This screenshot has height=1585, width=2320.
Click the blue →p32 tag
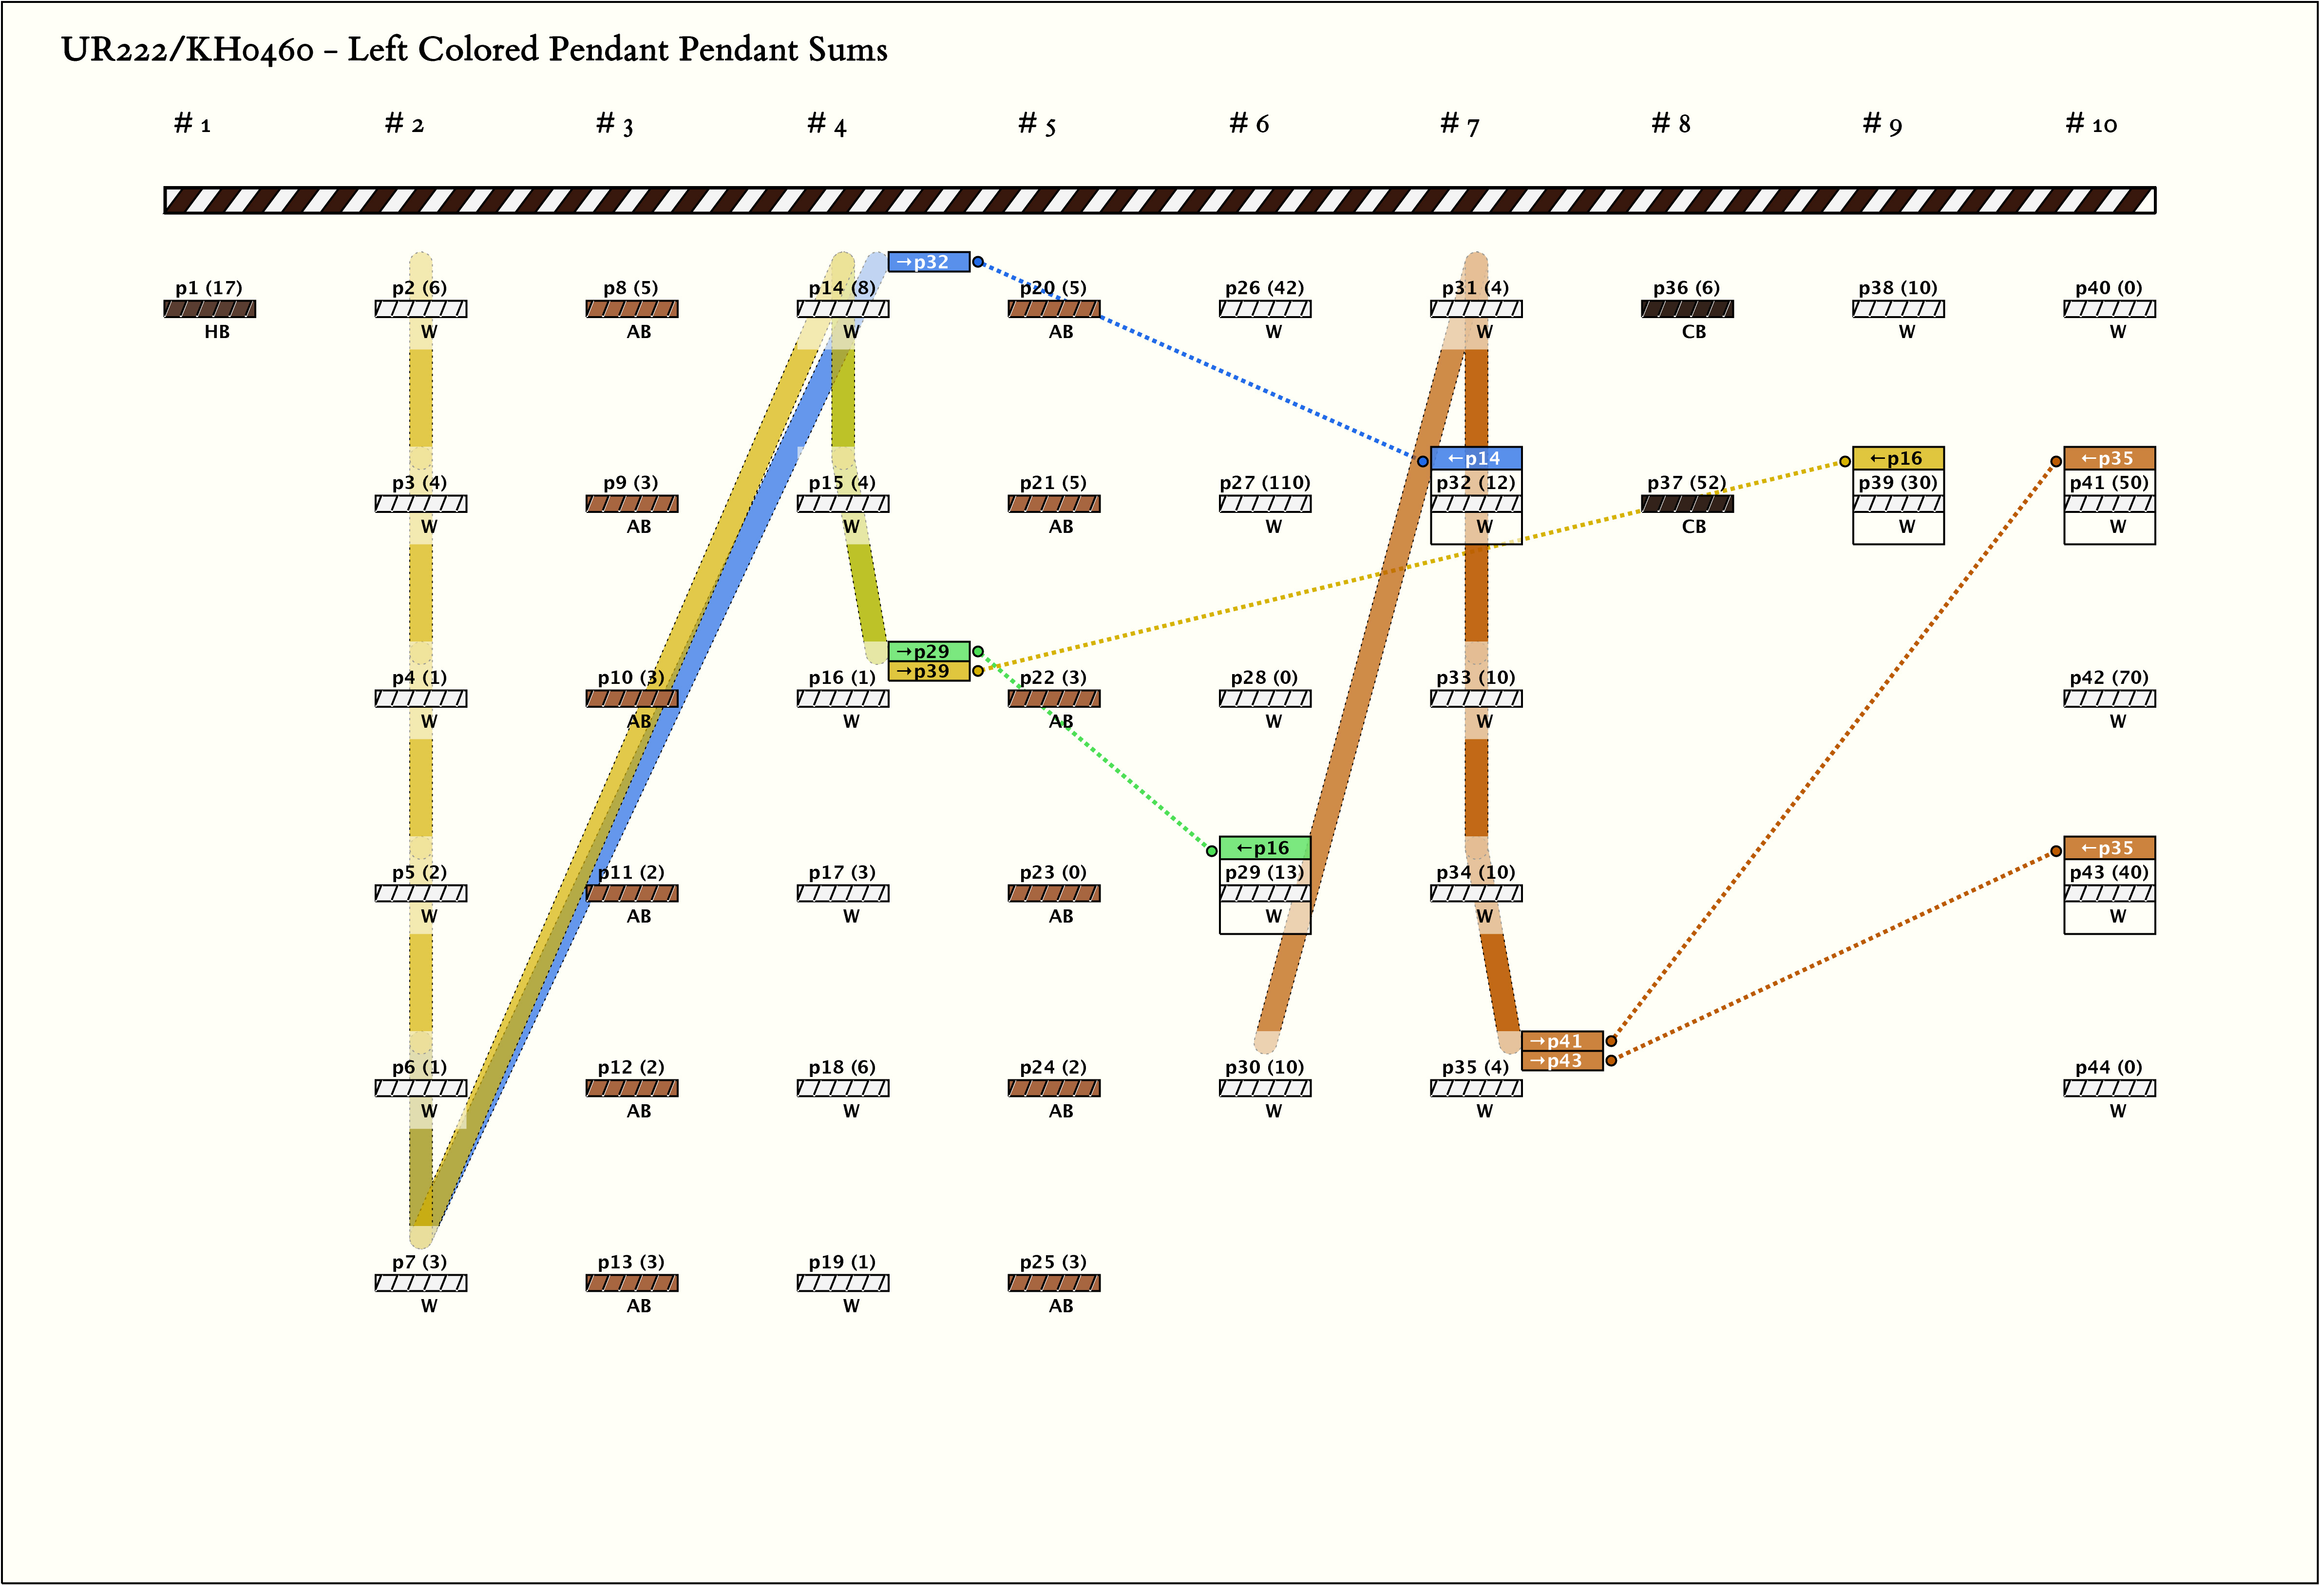point(929,262)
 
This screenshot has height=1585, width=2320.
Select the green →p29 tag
point(929,651)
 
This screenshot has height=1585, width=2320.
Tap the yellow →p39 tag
point(929,671)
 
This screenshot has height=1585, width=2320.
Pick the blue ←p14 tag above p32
point(1476,458)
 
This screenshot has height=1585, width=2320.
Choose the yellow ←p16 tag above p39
point(1898,458)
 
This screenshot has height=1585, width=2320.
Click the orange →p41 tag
point(1561,1041)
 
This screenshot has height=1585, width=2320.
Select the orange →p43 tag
point(1561,1061)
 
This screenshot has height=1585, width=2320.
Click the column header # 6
point(1249,124)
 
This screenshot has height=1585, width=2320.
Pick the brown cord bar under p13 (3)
point(632,1283)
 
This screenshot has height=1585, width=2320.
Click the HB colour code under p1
point(217,331)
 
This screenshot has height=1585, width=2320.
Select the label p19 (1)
point(841,1262)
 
